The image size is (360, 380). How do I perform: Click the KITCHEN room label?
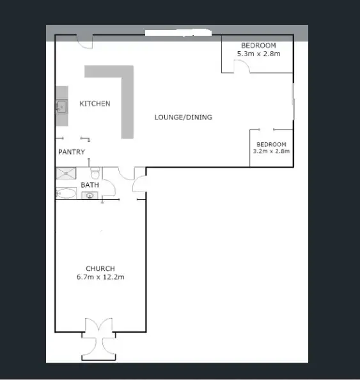point(95,103)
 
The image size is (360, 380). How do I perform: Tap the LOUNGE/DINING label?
point(183,118)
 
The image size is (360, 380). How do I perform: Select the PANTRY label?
point(72,152)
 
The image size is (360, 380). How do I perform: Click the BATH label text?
point(90,185)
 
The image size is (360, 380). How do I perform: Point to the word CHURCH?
point(100,269)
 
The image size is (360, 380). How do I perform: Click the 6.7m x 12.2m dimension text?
point(100,277)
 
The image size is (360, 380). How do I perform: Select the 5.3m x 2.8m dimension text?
point(258,54)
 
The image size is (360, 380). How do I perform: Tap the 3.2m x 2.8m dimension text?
point(272,152)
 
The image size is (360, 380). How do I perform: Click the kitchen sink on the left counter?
point(61,107)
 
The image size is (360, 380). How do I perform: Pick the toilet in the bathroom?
point(95,173)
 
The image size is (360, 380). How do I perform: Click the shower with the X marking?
point(66,172)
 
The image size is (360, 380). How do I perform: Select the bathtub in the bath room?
point(66,192)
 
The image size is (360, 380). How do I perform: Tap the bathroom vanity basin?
point(90,195)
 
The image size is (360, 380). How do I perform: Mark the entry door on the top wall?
point(84,42)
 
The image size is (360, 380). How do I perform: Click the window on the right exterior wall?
point(293,102)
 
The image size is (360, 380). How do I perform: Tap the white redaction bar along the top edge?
point(178,31)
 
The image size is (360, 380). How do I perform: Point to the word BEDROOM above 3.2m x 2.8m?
point(272,144)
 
